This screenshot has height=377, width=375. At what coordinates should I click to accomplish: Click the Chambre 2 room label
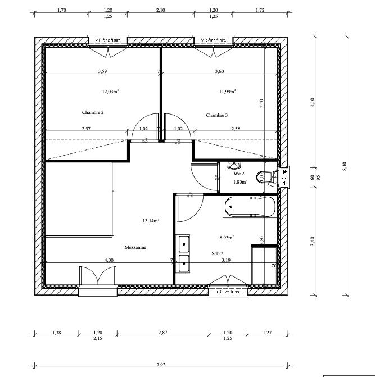pyautogui.click(x=93, y=112)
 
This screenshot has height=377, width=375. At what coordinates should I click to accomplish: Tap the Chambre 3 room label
pyautogui.click(x=217, y=115)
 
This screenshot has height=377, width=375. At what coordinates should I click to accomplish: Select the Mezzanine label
pyautogui.click(x=135, y=247)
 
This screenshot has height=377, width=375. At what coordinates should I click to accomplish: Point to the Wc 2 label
pyautogui.click(x=238, y=174)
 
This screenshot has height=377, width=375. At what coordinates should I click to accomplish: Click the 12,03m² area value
pyautogui.click(x=110, y=91)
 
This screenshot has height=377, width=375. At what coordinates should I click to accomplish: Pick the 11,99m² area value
pyautogui.click(x=227, y=91)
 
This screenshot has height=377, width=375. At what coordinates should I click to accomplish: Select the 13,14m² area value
pyautogui.click(x=151, y=221)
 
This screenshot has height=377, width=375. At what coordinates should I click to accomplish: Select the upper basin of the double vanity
pyautogui.click(x=183, y=244)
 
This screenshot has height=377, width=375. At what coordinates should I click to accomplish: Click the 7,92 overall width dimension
pyautogui.click(x=161, y=365)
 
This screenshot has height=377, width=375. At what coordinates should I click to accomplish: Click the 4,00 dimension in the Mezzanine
pyautogui.click(x=109, y=260)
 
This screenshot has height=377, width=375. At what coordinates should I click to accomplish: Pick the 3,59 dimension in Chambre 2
pyautogui.click(x=102, y=71)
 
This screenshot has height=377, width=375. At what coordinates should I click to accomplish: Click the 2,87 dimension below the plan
pyautogui.click(x=162, y=333)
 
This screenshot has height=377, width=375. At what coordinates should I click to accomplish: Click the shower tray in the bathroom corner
pyautogui.click(x=264, y=265)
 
